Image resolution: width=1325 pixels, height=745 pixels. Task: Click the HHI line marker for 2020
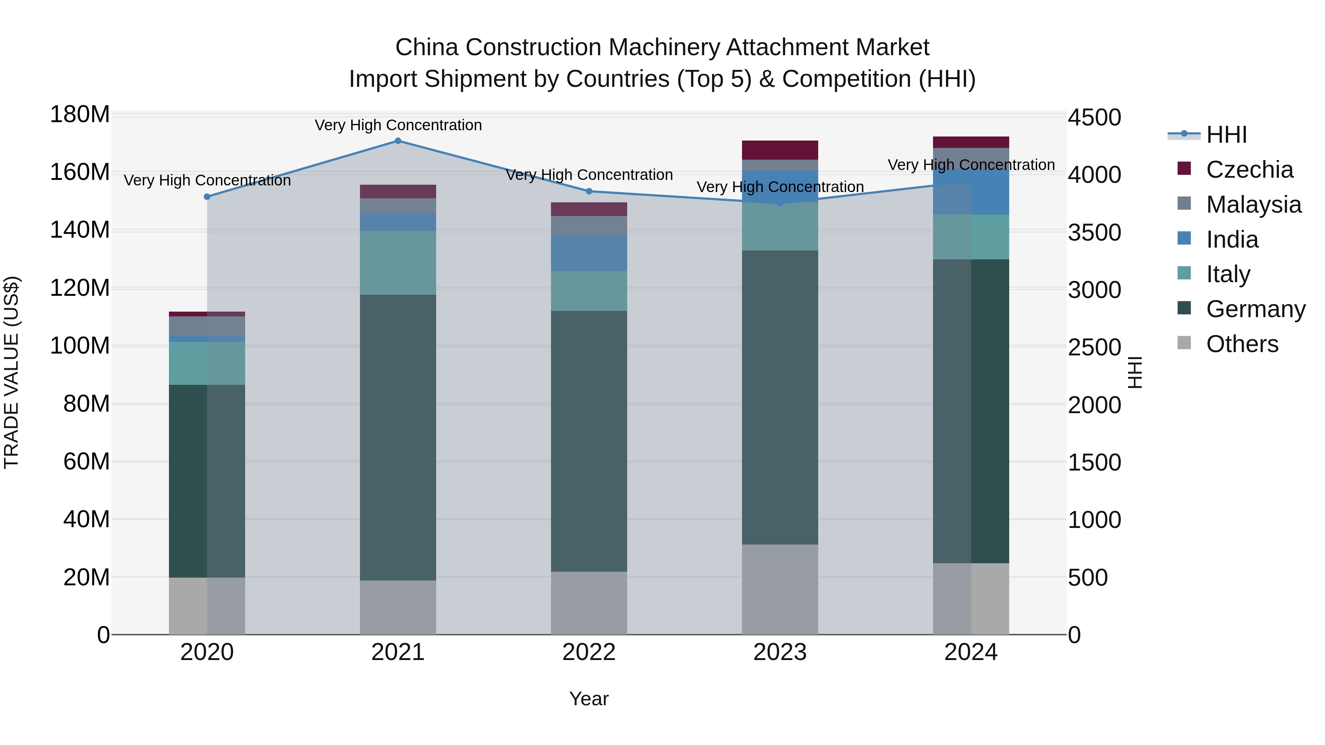coord(207,197)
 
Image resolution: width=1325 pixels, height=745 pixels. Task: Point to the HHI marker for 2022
coord(589,191)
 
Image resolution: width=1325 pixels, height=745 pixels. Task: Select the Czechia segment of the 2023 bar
coord(780,150)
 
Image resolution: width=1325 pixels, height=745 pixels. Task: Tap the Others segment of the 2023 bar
coord(780,589)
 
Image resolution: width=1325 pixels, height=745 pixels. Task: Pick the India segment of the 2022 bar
coord(589,253)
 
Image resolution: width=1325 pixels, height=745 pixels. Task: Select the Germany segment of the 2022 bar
coord(589,441)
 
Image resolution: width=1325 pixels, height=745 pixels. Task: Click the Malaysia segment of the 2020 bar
coord(207,326)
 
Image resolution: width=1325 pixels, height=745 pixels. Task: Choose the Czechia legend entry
coord(1249,170)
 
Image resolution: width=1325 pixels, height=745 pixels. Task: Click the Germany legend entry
coord(1255,309)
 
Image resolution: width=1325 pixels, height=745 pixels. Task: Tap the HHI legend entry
coord(1226,135)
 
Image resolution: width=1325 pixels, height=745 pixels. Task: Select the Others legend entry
coord(1242,344)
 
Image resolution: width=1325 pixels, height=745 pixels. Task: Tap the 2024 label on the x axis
coord(971,652)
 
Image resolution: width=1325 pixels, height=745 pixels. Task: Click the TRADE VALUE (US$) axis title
coord(11,372)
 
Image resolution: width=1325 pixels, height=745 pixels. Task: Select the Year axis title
coord(589,699)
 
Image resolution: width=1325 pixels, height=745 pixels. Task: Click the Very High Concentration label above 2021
coord(398,125)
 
